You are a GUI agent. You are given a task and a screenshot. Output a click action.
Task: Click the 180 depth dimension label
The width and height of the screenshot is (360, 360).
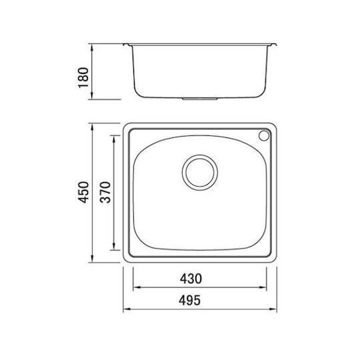[83, 77]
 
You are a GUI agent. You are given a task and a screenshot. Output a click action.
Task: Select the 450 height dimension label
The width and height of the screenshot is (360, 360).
[83, 192]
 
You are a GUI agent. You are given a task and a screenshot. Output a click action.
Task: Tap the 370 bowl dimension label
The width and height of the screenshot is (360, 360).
[105, 192]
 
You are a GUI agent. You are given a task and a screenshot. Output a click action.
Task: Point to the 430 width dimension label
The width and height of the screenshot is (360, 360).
[191, 279]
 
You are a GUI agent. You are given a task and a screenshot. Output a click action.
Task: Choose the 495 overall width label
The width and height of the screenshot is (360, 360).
[189, 300]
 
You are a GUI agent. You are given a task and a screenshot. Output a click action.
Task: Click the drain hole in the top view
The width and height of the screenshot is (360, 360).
[200, 172]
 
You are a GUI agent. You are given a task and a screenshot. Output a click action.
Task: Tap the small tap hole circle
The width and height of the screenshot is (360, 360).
[264, 135]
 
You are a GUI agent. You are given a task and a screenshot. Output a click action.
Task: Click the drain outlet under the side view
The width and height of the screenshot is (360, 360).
[200, 99]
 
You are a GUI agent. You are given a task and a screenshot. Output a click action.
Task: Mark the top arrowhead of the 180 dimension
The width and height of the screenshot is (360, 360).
[92, 48]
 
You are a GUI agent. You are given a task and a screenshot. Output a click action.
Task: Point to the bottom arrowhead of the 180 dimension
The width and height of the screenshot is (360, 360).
[92, 95]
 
